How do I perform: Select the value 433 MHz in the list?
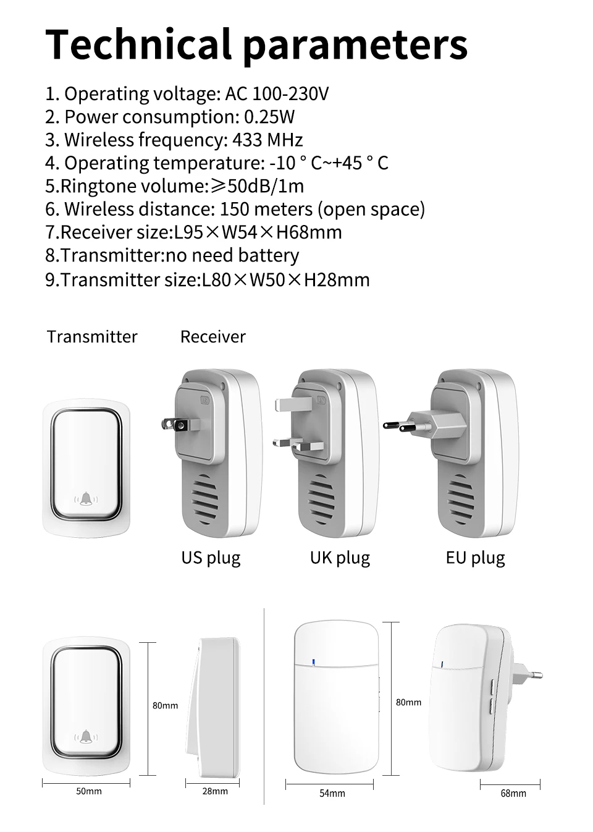pos(267,140)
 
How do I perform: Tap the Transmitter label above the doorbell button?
pos(92,337)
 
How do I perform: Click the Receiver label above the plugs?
pos(212,337)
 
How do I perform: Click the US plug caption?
pos(211,558)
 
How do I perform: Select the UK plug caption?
pos(340,558)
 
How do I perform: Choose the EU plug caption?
pos(475,558)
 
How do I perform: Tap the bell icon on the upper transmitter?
pos(86,499)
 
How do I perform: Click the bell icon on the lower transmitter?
pos(86,736)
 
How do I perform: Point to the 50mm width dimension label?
pos(89,791)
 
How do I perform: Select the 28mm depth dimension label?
pos(215,791)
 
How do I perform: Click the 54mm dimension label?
pos(332,793)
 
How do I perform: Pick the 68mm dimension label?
pos(513,793)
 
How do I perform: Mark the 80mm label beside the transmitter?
pos(165,705)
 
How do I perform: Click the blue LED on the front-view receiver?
pos(314,663)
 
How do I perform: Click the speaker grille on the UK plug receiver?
pos(321,494)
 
